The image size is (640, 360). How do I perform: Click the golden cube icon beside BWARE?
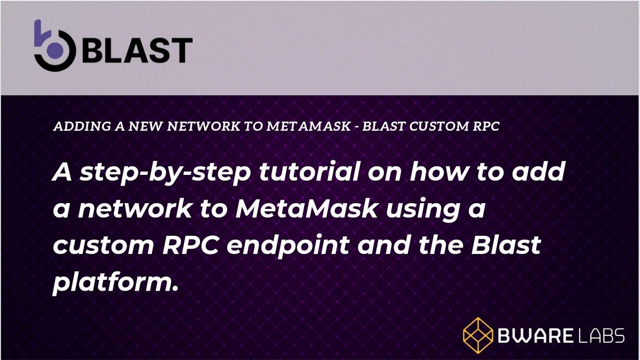[477, 335]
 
